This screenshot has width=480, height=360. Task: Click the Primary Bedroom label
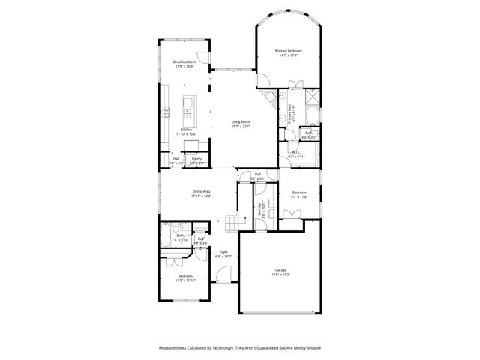pos(289,52)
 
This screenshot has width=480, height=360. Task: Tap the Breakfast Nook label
pos(184,62)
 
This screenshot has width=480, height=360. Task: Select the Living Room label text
pos(240,121)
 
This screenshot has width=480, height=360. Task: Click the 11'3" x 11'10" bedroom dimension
pos(185,280)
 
